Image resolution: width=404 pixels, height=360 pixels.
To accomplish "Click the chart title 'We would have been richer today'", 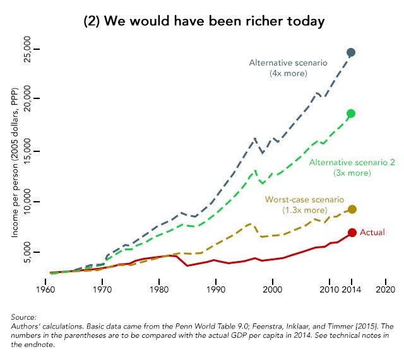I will [214, 21].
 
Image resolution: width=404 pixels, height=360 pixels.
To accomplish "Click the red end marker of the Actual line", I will [352, 233].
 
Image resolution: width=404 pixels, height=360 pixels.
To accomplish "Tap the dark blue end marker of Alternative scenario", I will [352, 52].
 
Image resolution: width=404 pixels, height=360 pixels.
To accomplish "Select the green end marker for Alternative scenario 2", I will [352, 113].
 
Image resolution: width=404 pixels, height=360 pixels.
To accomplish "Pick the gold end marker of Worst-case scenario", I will [352, 209].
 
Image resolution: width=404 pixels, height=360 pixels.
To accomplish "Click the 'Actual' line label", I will [372, 233].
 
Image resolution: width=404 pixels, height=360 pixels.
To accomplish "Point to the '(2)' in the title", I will [92, 21].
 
